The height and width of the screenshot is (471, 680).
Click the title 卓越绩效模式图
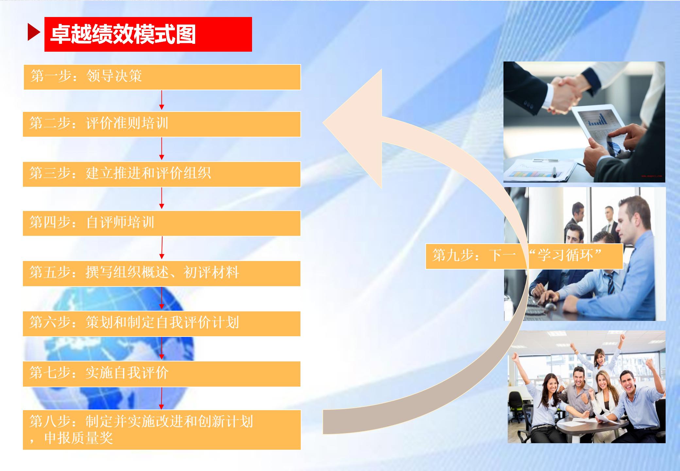pyautogui.click(x=123, y=34)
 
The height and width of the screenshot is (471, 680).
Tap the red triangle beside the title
pyautogui.click(x=34, y=32)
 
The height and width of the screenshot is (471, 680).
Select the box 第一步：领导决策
pyautogui.click(x=162, y=77)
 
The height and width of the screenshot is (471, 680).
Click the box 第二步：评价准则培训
pyautogui.click(x=162, y=124)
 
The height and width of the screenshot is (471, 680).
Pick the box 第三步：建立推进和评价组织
pyautogui.click(x=162, y=174)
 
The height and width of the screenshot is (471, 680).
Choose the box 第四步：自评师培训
pyautogui.click(x=162, y=223)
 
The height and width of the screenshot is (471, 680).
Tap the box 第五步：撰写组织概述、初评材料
pyautogui.click(x=162, y=273)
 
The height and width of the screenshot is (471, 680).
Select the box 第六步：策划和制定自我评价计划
pyautogui.click(x=162, y=323)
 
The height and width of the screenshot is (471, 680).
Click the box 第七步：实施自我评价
pyautogui.click(x=162, y=374)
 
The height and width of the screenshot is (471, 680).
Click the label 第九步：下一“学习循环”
pyautogui.click(x=524, y=256)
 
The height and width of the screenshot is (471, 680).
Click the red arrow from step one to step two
pyautogui.click(x=161, y=100)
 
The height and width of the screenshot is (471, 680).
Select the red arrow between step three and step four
pyautogui.click(x=161, y=198)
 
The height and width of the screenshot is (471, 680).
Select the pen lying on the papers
pyautogui.click(x=554, y=172)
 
